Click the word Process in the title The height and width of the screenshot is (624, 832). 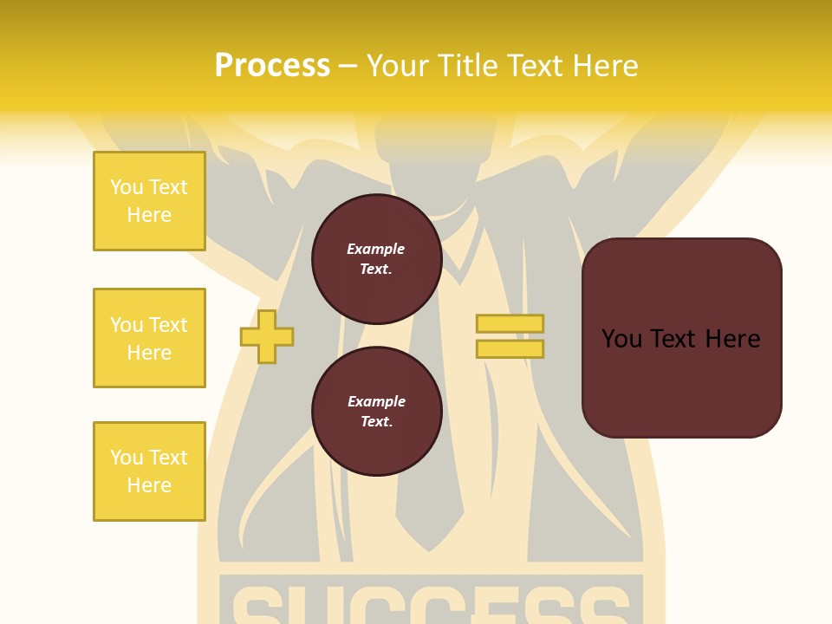[x=272, y=66]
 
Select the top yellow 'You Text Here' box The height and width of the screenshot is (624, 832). [x=149, y=201]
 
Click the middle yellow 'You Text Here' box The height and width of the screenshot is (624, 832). [x=149, y=338]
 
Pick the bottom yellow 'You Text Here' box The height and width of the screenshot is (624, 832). [x=149, y=471]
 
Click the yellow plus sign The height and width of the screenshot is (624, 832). [x=267, y=335]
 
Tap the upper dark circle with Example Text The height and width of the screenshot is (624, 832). [x=376, y=258]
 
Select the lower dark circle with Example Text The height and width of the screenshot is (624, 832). [x=376, y=411]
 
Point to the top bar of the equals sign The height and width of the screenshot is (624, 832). [x=510, y=323]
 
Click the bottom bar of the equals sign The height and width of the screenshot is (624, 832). [x=510, y=348]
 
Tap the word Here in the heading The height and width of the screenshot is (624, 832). [x=605, y=66]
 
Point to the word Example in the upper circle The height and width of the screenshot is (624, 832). [x=376, y=249]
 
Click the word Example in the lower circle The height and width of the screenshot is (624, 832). [x=376, y=401]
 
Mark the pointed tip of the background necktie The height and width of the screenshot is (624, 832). [x=429, y=549]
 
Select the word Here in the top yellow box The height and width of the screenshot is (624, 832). [x=149, y=215]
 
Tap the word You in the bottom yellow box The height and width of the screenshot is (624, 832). [x=127, y=458]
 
